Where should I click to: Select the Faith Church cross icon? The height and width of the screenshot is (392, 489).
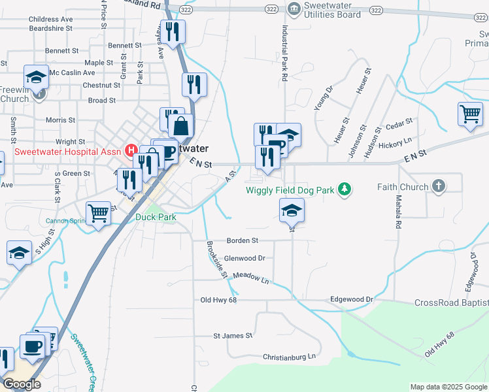point(439,186)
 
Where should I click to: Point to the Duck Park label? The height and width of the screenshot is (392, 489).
point(156,218)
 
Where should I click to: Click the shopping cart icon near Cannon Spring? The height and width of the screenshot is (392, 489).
point(98,212)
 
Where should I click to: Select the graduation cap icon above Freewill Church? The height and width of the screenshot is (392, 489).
point(37,76)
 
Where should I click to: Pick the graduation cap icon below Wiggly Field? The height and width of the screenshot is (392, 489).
point(292,210)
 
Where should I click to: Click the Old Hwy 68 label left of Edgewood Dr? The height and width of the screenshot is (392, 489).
point(218,300)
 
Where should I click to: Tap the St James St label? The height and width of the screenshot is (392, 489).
point(233,336)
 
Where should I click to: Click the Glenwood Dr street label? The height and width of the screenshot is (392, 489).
point(244,259)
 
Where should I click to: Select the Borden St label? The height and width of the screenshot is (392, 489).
point(242,240)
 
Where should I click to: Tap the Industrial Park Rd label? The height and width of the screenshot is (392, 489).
point(284,54)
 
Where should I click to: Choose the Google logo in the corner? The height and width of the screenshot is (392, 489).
point(22,384)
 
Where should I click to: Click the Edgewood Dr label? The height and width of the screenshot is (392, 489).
point(352,299)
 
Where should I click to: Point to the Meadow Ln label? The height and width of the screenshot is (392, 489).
point(251,278)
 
